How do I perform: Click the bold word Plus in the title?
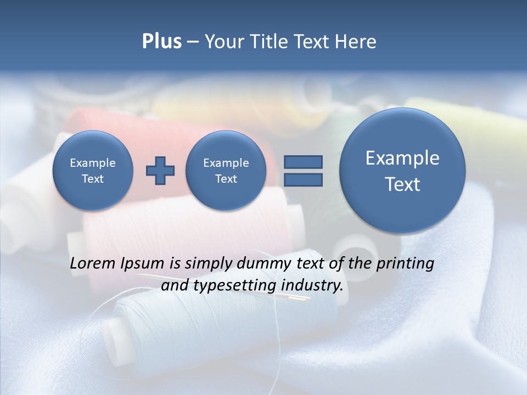click(161, 42)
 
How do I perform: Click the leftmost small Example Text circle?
click(92, 171)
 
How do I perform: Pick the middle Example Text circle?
click(226, 171)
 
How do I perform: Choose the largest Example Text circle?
click(402, 171)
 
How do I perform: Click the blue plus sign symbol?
click(160, 171)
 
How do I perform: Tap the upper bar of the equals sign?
click(303, 162)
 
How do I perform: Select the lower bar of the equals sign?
click(303, 179)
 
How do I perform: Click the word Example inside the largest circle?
click(402, 159)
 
